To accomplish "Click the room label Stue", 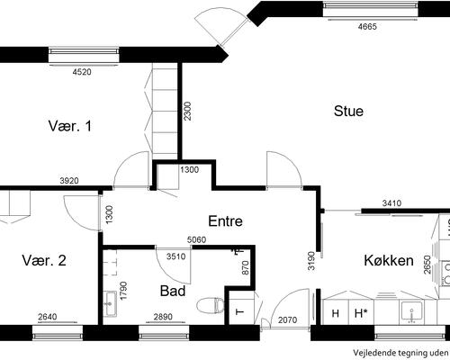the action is coord(348,111).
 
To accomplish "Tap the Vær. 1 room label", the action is coord(70,126).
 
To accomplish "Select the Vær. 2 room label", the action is coord(44,260).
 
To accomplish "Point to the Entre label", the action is coord(225,221).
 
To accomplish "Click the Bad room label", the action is coord(173,291).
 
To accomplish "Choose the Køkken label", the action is coord(389,260).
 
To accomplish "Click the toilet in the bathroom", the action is coord(211,305).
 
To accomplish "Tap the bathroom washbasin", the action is coord(110,303).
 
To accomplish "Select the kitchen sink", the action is coord(412,312).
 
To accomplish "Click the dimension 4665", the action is coord(367,26).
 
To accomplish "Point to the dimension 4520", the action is coord(82,72).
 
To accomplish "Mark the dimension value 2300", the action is coord(187,112).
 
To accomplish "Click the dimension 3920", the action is coord(69,181).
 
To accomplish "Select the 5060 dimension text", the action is coord(196,240).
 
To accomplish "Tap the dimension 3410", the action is coord(391,203).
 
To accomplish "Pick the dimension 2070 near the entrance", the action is coord(287,320).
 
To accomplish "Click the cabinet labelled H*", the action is coord(361,313).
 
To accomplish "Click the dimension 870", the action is coord(245,268).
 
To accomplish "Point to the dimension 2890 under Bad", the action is coord(163,317).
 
